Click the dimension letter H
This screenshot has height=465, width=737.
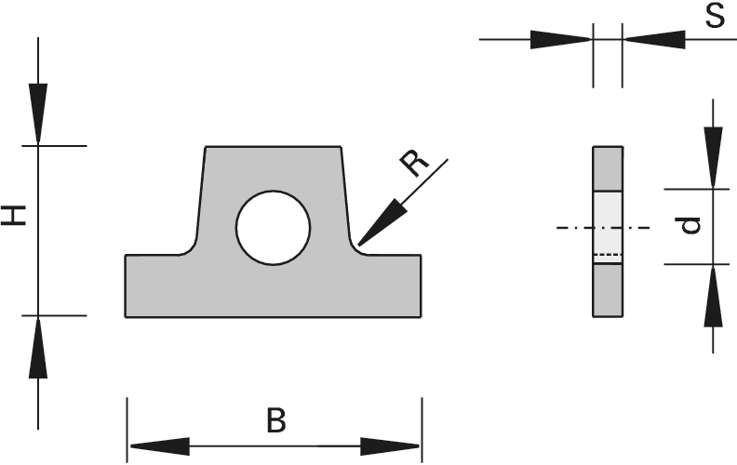click(13, 216)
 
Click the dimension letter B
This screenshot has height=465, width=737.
click(275, 420)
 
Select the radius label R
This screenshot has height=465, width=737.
click(413, 164)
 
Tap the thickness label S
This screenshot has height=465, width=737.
click(715, 17)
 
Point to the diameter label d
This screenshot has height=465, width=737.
click(690, 225)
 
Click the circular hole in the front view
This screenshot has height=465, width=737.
click(273, 228)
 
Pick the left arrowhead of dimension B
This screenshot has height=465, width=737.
click(159, 446)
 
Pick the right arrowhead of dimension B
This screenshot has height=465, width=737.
click(390, 446)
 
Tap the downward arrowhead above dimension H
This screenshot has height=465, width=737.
click(38, 113)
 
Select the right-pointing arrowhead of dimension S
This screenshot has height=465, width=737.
click(560, 39)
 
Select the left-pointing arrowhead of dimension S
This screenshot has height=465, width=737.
click(655, 39)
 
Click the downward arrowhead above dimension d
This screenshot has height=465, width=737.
click(713, 157)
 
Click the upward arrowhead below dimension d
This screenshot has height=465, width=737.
click(713, 297)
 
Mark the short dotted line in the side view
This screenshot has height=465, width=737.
click(608, 255)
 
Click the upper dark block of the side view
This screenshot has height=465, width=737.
click(608, 168)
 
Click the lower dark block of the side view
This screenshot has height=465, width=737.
click(608, 290)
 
